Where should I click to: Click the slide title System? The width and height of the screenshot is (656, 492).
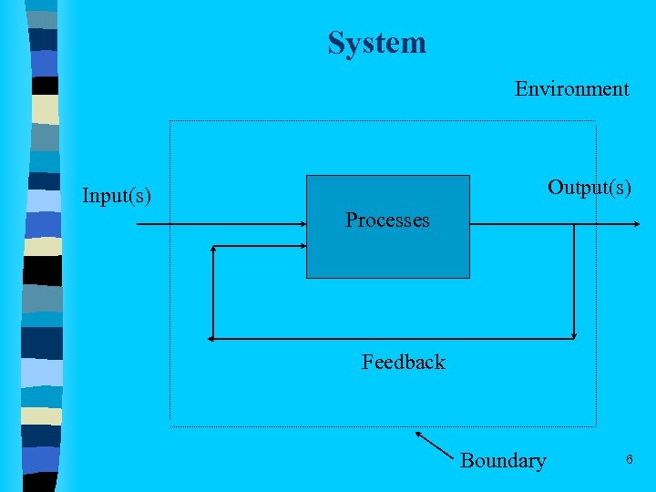pos(376,43)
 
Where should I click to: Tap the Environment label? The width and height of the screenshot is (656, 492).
pos(571,88)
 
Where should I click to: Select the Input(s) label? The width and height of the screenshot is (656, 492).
pos(117,196)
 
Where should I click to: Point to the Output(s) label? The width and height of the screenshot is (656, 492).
pos(589,187)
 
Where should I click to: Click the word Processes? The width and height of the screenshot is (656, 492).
pos(387,220)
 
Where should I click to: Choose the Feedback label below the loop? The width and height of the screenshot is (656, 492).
pos(403,362)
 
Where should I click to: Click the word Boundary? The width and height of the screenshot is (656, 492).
pos(503,460)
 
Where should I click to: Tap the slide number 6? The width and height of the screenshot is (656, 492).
pos(629,459)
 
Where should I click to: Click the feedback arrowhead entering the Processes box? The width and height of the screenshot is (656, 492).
pos(300,246)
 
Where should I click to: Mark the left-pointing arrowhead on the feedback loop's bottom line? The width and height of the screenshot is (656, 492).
pos(214,339)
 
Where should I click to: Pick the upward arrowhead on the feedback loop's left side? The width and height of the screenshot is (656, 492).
pos(212,249)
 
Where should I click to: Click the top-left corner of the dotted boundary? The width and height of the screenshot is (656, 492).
pos(170,121)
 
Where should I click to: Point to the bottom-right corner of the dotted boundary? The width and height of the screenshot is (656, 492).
pos(595,425)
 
